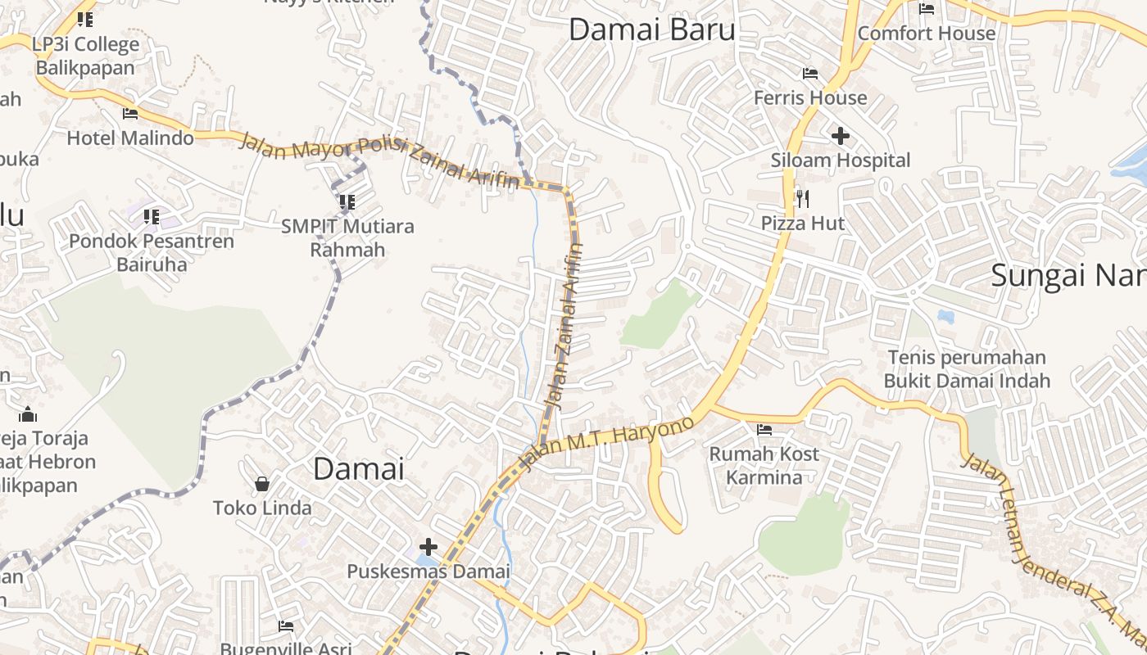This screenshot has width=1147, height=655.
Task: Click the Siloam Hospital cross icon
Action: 840,135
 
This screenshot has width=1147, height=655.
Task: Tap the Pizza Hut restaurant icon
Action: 802,198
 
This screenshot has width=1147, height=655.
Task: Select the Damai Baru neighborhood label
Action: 651,30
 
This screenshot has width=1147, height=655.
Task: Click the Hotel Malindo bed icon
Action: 130,114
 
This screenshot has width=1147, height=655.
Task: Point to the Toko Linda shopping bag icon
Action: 262,484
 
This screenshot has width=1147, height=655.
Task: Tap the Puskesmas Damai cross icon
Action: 428,547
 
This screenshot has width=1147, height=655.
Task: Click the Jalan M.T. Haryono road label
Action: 607,443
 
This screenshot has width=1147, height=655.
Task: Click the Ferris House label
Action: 809,97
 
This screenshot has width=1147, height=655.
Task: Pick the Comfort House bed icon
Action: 927,9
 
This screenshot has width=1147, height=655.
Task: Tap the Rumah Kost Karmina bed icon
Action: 764,429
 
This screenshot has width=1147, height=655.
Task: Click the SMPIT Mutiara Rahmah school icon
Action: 347,201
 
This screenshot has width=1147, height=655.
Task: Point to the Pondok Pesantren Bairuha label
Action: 152,252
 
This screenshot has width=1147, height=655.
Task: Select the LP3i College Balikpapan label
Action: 86,55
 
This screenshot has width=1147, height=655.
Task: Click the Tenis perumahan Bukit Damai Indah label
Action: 967,368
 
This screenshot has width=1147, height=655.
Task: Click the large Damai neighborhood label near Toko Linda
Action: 359,468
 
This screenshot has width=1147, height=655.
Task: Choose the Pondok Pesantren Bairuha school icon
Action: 152,217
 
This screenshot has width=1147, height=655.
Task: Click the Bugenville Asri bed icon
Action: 285,626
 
